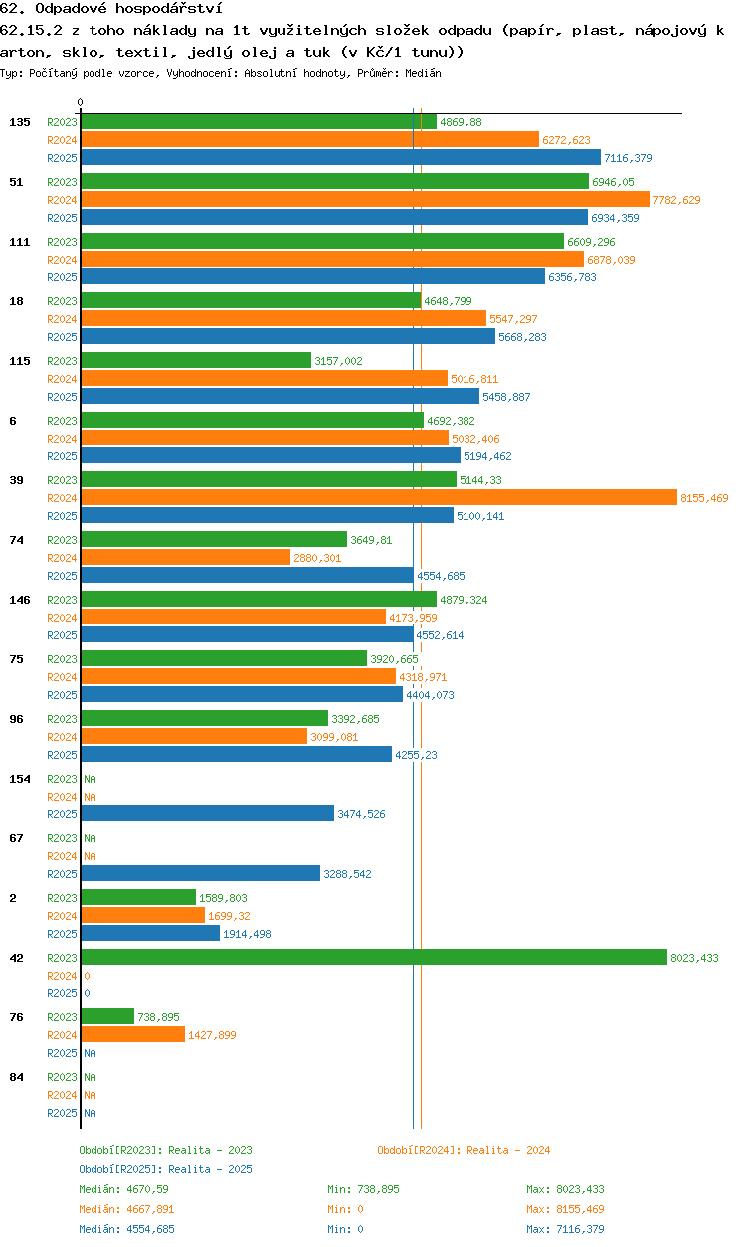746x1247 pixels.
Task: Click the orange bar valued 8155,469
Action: point(379,497)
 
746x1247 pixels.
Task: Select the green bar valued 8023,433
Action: point(374,957)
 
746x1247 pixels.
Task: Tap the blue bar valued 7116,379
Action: point(341,157)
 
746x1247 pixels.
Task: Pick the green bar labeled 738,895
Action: point(108,1016)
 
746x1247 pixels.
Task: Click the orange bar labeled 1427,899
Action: point(133,1034)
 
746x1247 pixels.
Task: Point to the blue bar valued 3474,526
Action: point(208,813)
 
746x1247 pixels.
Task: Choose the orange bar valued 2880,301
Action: point(186,557)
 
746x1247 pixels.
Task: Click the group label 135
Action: point(20,122)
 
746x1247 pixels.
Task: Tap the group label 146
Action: point(20,600)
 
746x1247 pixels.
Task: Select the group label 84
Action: point(16,1077)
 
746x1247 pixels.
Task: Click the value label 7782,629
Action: point(676,200)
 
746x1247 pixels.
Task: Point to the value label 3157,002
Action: point(338,361)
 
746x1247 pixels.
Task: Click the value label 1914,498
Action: point(247,934)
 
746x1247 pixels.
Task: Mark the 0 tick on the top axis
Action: point(81,102)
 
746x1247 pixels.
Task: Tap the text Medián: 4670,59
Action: point(123,1189)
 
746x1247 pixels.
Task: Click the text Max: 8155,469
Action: point(565,1209)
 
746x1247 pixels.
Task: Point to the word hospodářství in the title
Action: point(169,8)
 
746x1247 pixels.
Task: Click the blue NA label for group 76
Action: point(90,1053)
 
